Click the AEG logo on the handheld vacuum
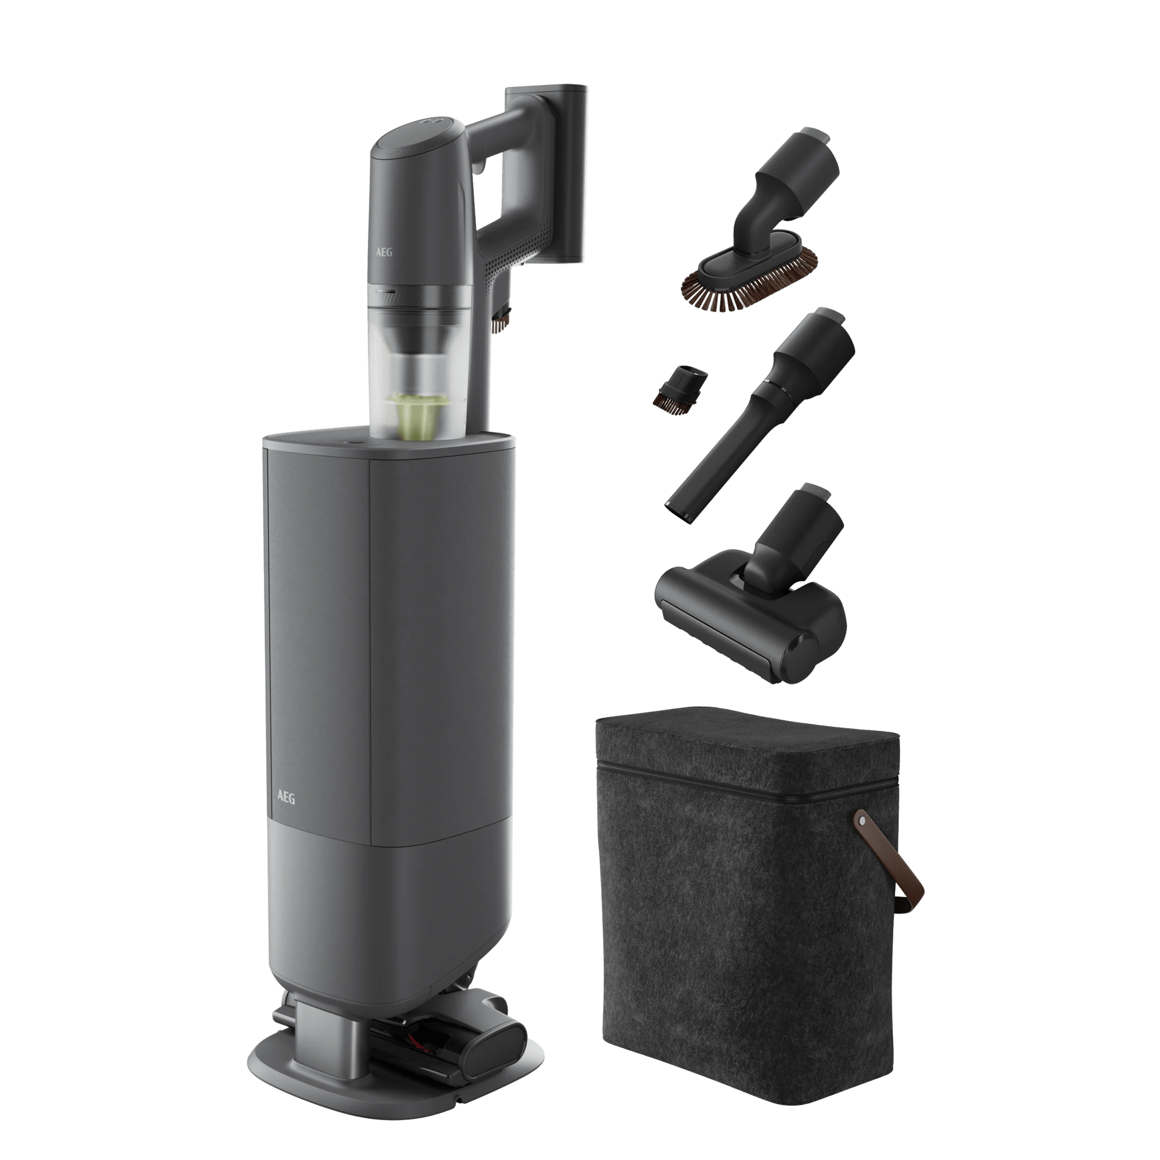pos(385,252)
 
